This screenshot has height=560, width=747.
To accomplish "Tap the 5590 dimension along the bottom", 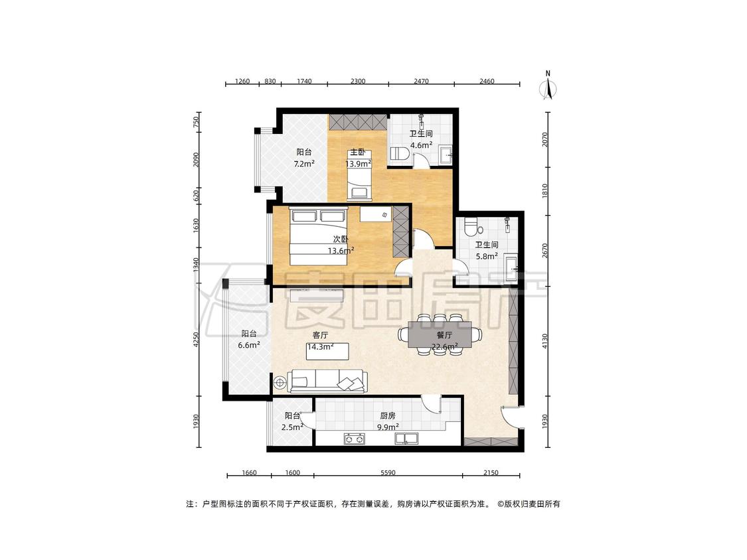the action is pos(388,473).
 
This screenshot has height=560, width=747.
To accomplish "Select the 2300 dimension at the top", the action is pos(358,81).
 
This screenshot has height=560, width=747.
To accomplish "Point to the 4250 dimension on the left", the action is pos(197,340).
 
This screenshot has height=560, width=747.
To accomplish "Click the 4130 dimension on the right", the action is pos(546,341).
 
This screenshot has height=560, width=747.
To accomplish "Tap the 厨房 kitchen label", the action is pos(388,415).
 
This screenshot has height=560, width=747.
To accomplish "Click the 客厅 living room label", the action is pos(320,335).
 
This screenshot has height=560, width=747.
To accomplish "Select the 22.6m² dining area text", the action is pos(444,346).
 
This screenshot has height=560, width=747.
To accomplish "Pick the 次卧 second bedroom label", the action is pos(340,239).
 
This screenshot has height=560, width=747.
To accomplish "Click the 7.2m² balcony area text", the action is pos(304,164).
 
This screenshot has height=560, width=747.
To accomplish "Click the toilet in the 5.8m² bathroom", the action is pos(471,227).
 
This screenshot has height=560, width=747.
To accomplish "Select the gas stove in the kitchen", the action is pos(355,439).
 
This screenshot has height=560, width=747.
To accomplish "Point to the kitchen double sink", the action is pos(406,439).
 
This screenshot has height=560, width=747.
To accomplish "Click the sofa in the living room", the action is pos(327,382).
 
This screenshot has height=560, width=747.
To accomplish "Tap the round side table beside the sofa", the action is pos(280,382).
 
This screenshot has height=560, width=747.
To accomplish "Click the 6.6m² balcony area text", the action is pos(249,345).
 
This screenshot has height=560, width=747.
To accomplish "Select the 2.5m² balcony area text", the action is pos(292,427).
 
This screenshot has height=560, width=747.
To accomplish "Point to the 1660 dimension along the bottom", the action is pos(249,473).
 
